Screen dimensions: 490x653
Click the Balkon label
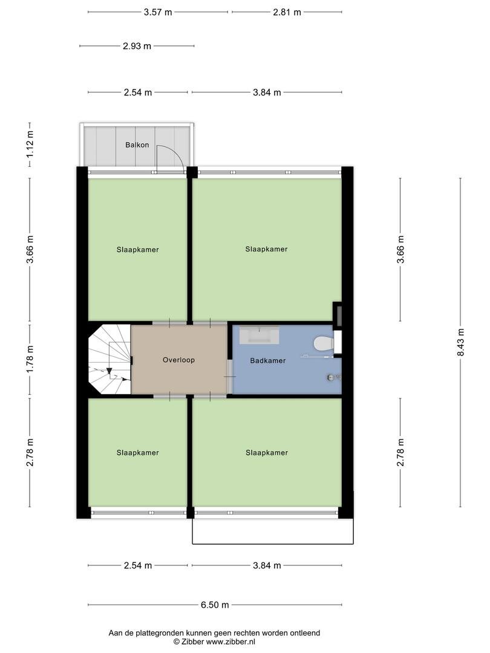click(137, 145)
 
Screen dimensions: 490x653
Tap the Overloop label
click(178, 360)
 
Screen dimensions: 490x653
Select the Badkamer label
click(268, 360)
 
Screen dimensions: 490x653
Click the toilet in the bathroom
click(323, 344)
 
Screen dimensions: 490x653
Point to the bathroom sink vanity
click(259, 335)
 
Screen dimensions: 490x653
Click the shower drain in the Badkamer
click(330, 378)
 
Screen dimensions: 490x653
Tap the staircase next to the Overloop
click(110, 359)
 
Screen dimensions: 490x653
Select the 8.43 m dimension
click(460, 342)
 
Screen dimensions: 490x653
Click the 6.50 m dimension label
click(215, 605)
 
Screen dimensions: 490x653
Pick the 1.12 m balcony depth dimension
click(30, 145)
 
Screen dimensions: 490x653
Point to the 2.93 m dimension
click(137, 46)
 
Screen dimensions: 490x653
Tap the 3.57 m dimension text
click(158, 12)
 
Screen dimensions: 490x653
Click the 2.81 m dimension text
click(287, 12)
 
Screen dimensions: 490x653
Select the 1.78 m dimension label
click(30, 359)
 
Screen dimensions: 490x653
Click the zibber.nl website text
click(231, 642)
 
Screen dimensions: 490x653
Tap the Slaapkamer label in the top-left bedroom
click(137, 250)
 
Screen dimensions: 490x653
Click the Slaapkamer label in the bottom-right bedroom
click(267, 453)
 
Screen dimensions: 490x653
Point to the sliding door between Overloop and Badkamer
click(230, 377)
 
